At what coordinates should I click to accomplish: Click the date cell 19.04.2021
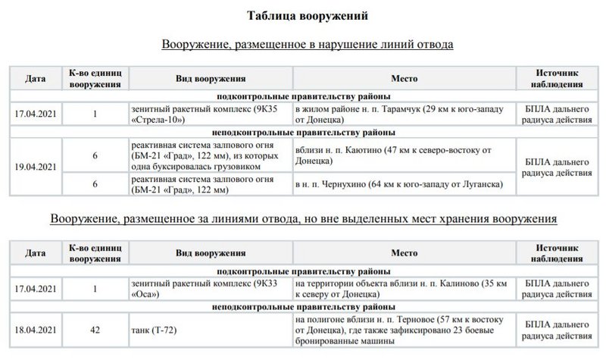pos(36,166)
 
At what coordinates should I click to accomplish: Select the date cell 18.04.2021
pos(36,330)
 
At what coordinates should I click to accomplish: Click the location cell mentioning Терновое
pos(402,330)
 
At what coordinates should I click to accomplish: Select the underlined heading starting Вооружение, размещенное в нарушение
pos(307,45)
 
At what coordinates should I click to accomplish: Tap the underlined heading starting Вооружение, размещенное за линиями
pos(303,220)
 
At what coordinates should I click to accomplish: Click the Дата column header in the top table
pos(36,78)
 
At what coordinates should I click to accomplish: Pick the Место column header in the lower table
pos(404,253)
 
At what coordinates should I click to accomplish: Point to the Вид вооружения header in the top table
pos(211,78)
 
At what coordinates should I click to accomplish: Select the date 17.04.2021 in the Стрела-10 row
pos(36,114)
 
